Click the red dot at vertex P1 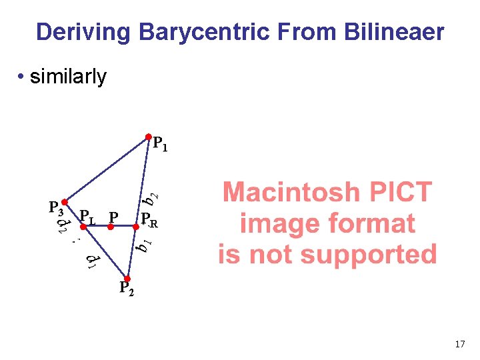point(149,137)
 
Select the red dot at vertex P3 point(64,201)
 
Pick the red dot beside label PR point(135,227)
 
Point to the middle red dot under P point(111,227)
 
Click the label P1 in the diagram point(161,144)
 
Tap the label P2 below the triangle point(127,289)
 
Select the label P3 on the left point(56,207)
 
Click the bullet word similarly point(68,77)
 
